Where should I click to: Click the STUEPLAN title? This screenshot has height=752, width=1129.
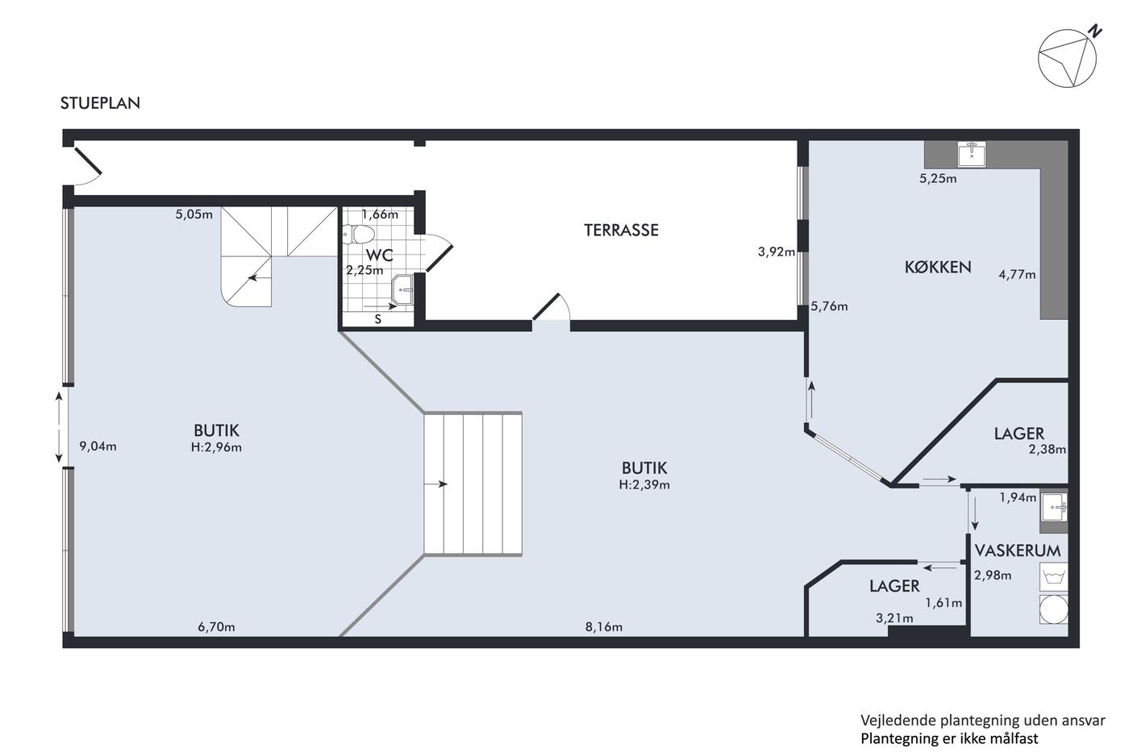pyautogui.click(x=100, y=103)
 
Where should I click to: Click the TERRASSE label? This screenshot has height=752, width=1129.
pyautogui.click(x=621, y=231)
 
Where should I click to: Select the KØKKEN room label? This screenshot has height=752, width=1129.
pyautogui.click(x=937, y=267)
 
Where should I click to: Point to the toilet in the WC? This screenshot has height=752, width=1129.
pyautogui.click(x=359, y=234)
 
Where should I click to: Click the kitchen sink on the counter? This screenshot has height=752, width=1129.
pyautogui.click(x=972, y=154)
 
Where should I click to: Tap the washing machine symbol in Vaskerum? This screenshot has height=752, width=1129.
pyautogui.click(x=1054, y=577)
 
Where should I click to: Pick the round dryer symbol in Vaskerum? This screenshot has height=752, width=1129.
pyautogui.click(x=1054, y=609)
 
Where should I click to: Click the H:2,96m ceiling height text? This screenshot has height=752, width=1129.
pyautogui.click(x=216, y=447)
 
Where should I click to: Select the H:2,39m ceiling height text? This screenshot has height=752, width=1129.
pyautogui.click(x=644, y=484)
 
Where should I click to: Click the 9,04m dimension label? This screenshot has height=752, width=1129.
pyautogui.click(x=98, y=447)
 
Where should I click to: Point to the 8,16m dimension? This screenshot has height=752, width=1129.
pyautogui.click(x=604, y=627)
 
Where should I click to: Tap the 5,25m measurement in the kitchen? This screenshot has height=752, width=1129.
pyautogui.click(x=938, y=179)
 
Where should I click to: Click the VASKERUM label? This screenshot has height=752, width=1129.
pyautogui.click(x=1018, y=550)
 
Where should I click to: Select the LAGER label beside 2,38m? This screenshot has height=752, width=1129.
pyautogui.click(x=1019, y=434)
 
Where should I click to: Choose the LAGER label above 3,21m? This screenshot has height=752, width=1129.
pyautogui.click(x=894, y=586)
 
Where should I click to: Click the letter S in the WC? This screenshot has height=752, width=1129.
pyautogui.click(x=377, y=319)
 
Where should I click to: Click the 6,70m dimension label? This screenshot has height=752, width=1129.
pyautogui.click(x=216, y=627)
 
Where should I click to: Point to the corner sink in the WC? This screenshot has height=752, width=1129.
pyautogui.click(x=403, y=289)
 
